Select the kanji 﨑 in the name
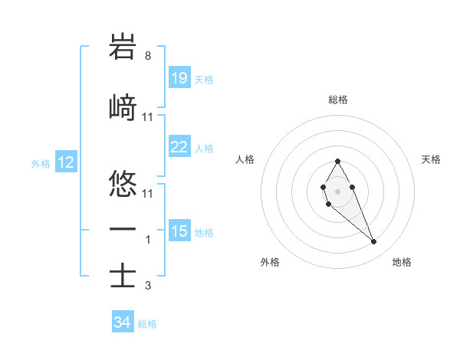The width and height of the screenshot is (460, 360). click(x=123, y=108)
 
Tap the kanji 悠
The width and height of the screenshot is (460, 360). click(x=123, y=184)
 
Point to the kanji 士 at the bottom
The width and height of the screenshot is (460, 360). click(x=123, y=276)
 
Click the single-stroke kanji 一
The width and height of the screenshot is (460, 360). click(x=123, y=230)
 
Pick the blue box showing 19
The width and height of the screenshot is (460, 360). click(x=179, y=77)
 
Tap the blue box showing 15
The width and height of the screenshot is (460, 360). click(x=179, y=231)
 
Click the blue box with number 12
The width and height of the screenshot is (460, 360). click(x=65, y=162)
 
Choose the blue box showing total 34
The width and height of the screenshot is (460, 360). click(x=123, y=322)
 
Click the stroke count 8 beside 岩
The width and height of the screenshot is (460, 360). click(x=147, y=56)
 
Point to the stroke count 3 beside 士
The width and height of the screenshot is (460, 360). click(x=147, y=286)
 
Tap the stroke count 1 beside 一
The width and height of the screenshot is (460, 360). click(x=147, y=240)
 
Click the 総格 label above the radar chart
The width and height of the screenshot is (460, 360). click(x=337, y=100)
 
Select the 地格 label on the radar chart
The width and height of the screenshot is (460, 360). click(x=402, y=262)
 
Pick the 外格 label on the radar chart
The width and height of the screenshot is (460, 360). click(x=270, y=262)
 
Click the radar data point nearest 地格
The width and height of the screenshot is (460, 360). click(x=374, y=242)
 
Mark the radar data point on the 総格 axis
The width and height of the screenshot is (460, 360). click(x=337, y=161)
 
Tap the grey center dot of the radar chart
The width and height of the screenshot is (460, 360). click(x=337, y=191)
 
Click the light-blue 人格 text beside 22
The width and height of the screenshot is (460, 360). click(x=204, y=147)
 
